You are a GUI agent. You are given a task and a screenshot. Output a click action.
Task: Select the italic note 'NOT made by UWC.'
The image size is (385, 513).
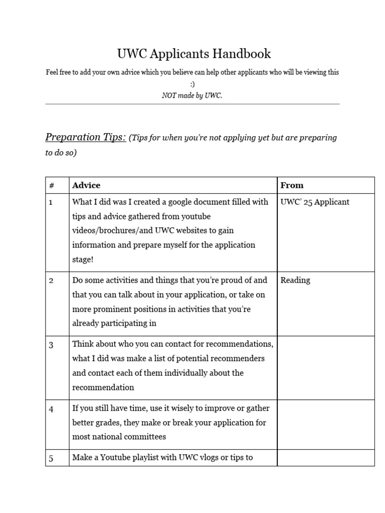point(192,95)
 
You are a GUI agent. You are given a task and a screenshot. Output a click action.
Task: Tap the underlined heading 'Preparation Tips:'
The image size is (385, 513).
point(86,137)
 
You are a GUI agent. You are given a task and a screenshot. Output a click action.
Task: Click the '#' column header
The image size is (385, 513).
point(52,185)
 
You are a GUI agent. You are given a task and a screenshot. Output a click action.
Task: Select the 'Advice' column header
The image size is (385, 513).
point(86,185)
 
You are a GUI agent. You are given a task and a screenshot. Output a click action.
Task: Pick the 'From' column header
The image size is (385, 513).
point(292,185)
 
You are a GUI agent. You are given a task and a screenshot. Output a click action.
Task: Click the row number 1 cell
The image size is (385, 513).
point(51,202)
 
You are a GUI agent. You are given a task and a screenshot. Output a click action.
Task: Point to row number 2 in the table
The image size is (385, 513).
point(51,281)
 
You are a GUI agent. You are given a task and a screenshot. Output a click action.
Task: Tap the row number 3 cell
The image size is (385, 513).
point(51,345)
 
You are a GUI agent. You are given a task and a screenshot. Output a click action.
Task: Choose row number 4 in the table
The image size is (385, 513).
point(51,409)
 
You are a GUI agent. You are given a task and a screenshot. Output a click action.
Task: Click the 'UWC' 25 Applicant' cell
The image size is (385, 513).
point(315,202)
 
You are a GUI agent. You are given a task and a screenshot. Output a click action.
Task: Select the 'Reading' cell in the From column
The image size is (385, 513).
point(295,280)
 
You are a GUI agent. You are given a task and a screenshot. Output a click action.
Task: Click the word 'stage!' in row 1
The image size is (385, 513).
point(83,260)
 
